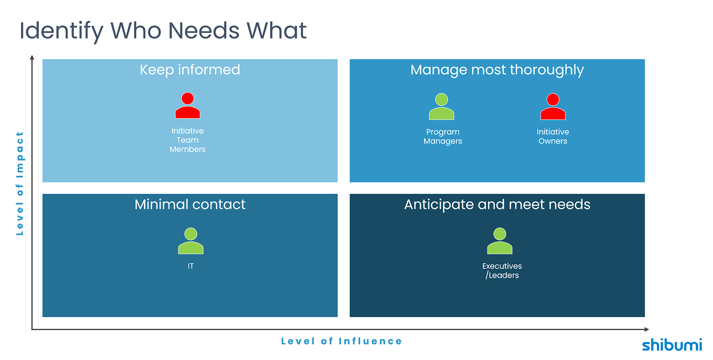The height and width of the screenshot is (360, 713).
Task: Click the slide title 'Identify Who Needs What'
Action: (163, 31)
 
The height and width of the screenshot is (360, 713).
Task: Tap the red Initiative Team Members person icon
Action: (188, 106)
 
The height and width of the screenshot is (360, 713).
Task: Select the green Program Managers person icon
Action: (442, 107)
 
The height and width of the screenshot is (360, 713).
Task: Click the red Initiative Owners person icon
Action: (553, 107)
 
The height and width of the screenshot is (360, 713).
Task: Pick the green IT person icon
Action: (191, 241)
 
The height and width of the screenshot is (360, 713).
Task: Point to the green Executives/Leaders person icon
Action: (500, 241)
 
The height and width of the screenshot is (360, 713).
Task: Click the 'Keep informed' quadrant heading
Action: (190, 70)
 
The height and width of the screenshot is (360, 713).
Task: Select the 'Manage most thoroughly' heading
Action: (497, 70)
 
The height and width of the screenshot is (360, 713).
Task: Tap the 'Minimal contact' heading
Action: (190, 205)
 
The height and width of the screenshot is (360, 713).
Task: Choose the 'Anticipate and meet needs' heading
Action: (497, 205)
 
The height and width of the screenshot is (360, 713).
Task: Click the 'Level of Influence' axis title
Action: (341, 341)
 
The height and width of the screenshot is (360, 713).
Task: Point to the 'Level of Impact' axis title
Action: (20, 183)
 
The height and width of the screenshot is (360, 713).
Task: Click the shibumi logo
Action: (672, 345)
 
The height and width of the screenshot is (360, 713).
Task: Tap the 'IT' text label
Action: (191, 266)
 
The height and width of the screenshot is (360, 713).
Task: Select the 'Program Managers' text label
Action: (443, 136)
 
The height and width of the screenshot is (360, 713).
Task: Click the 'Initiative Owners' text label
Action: (553, 136)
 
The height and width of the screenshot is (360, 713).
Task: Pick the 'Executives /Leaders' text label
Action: (502, 270)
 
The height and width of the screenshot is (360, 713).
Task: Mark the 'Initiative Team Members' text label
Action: (188, 140)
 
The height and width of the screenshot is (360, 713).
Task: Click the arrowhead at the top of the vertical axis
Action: (32, 57)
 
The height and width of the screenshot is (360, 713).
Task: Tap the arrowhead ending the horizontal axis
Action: (647, 329)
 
